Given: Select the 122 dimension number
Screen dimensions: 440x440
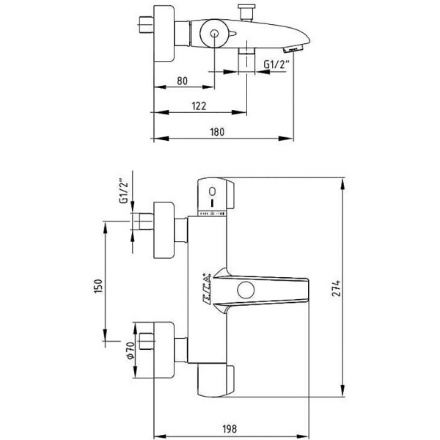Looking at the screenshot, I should tap(199, 106).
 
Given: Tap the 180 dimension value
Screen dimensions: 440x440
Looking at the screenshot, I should tap(217, 133).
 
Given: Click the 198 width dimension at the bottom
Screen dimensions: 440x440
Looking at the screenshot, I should tap(247, 429).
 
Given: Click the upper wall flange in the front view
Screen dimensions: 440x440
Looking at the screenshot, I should tap(165, 229).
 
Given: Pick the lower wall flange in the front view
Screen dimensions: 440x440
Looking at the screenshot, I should tap(165, 342).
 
